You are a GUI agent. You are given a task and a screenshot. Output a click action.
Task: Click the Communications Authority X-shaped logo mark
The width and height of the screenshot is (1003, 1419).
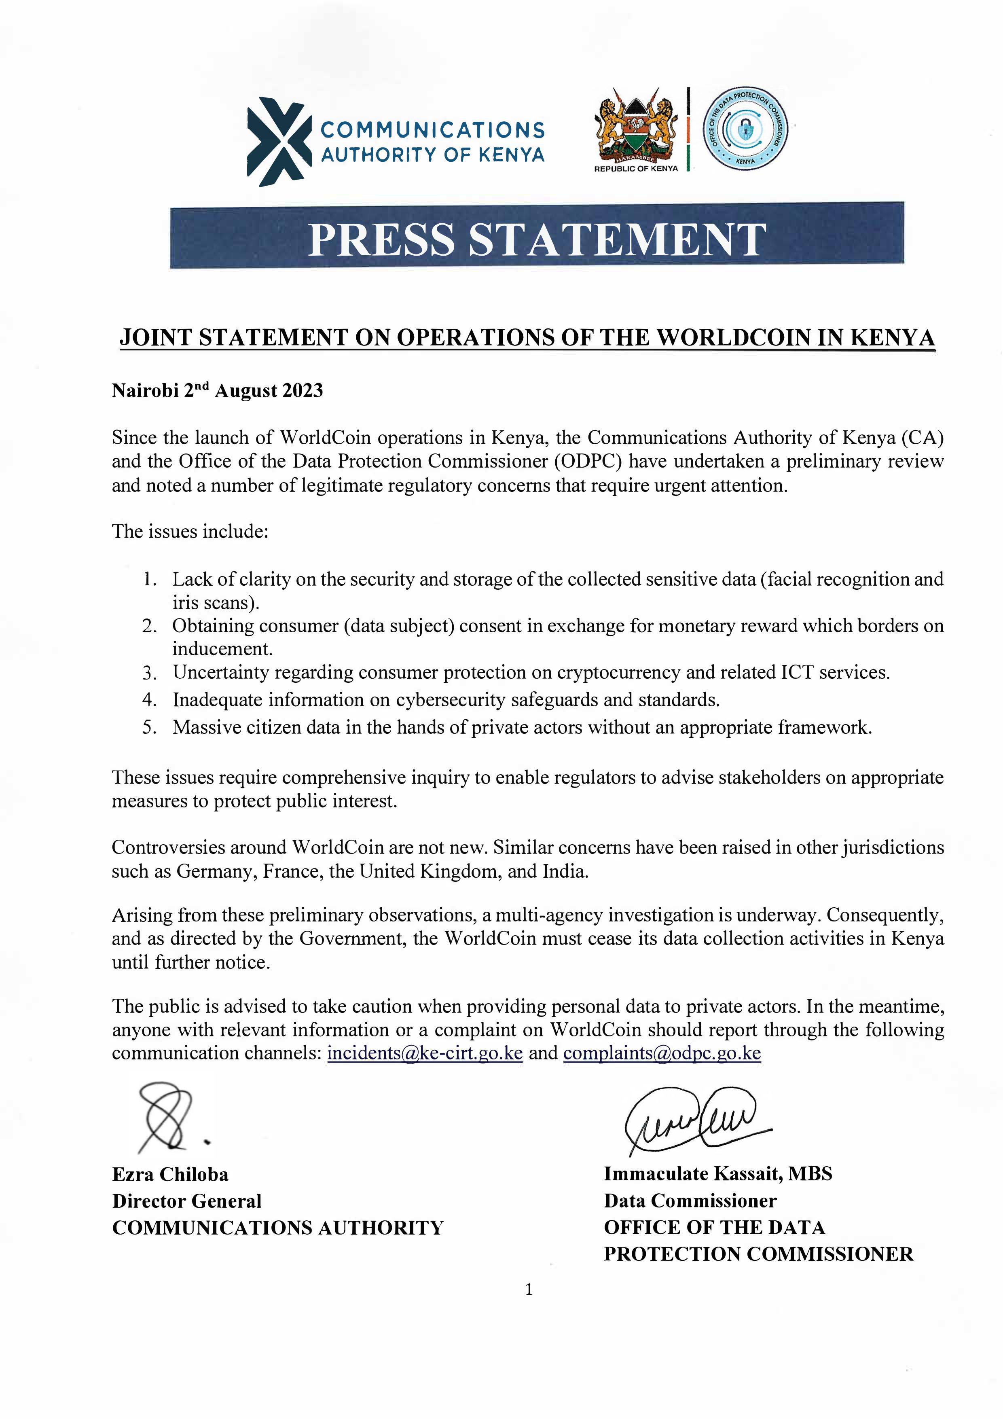(x=279, y=142)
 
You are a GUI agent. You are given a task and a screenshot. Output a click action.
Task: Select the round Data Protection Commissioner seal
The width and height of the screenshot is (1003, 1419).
(x=746, y=128)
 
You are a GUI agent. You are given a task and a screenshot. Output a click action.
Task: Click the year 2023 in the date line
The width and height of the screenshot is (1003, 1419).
(x=303, y=391)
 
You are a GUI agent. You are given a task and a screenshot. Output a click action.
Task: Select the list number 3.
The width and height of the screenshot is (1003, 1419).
(x=148, y=672)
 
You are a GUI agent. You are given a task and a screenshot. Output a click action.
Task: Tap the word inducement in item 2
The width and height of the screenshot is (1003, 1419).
(x=222, y=649)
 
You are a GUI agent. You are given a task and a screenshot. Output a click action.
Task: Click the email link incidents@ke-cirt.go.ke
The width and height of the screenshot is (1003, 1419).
(x=425, y=1053)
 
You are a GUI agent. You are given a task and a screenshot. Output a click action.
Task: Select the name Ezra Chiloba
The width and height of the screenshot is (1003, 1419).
(x=170, y=1174)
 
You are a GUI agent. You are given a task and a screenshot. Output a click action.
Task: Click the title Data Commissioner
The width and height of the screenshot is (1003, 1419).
(x=690, y=1201)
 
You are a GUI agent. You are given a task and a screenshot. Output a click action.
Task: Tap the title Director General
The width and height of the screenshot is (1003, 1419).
(x=186, y=1201)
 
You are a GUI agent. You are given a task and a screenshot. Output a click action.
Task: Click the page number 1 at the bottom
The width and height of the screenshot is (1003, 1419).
(x=528, y=1290)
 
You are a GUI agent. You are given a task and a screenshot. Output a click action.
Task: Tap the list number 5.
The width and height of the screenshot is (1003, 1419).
(x=148, y=727)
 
